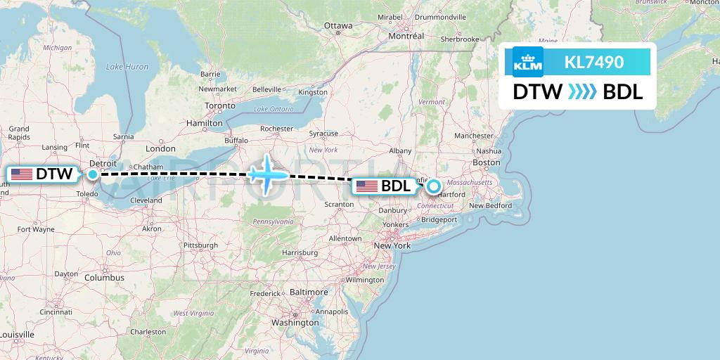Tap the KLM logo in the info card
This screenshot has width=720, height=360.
coord(528,63)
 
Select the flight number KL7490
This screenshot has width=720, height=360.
coord(593,63)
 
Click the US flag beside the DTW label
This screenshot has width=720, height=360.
coord(22,174)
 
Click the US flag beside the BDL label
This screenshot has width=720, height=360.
coord(367,186)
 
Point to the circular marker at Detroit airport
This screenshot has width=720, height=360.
coord(93,174)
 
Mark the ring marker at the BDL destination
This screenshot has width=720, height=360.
coord(434,186)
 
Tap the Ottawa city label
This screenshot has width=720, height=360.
coord(338,26)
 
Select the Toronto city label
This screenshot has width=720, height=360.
coord(220,105)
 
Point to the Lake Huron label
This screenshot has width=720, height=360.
coord(127,67)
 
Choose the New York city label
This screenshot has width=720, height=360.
coord(392,245)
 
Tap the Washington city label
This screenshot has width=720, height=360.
coord(295,323)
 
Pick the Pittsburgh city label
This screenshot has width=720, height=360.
coord(200,245)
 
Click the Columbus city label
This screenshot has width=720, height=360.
coord(104,278)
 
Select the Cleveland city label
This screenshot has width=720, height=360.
coord(146,200)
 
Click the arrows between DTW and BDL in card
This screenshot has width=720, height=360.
coord(582,92)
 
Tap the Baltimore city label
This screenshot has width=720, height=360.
coord(309,292)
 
